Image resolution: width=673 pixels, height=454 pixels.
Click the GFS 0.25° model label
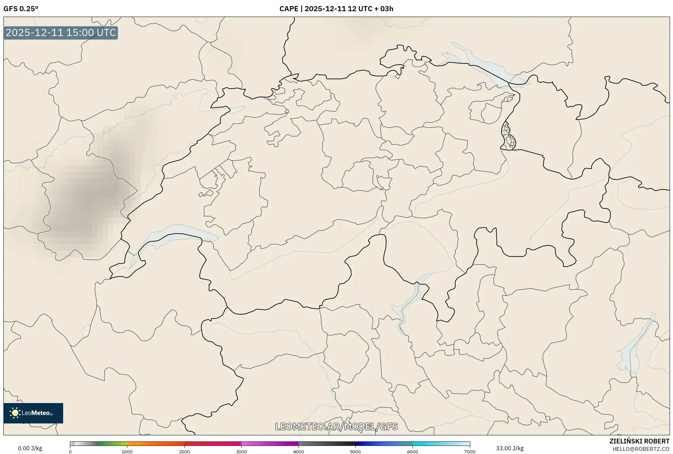(21, 9)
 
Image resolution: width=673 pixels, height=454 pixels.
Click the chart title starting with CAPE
(336, 9)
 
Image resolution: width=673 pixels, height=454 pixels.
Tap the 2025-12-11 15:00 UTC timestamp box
(61, 33)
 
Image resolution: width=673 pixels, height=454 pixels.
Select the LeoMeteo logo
(33, 413)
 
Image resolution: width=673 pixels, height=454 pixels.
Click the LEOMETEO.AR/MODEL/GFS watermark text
(336, 426)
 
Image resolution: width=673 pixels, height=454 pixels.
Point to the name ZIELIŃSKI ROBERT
(639, 441)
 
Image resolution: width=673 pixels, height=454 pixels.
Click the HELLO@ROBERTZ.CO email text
(640, 449)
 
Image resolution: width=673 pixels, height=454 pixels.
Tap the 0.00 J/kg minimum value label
(30, 448)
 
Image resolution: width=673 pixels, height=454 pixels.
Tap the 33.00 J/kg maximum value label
(509, 448)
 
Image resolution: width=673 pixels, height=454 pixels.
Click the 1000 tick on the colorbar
(127, 452)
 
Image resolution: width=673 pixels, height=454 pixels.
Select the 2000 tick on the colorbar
(184, 452)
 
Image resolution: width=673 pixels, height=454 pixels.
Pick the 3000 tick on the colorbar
(241, 452)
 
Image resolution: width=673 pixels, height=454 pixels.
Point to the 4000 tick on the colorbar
(298, 452)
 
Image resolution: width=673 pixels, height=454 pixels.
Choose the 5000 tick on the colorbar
(356, 452)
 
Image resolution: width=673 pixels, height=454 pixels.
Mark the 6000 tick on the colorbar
(413, 452)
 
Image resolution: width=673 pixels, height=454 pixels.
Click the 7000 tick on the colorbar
(470, 452)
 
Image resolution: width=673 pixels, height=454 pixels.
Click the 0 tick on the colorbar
(70, 452)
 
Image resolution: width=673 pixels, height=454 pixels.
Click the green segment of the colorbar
(112, 444)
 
